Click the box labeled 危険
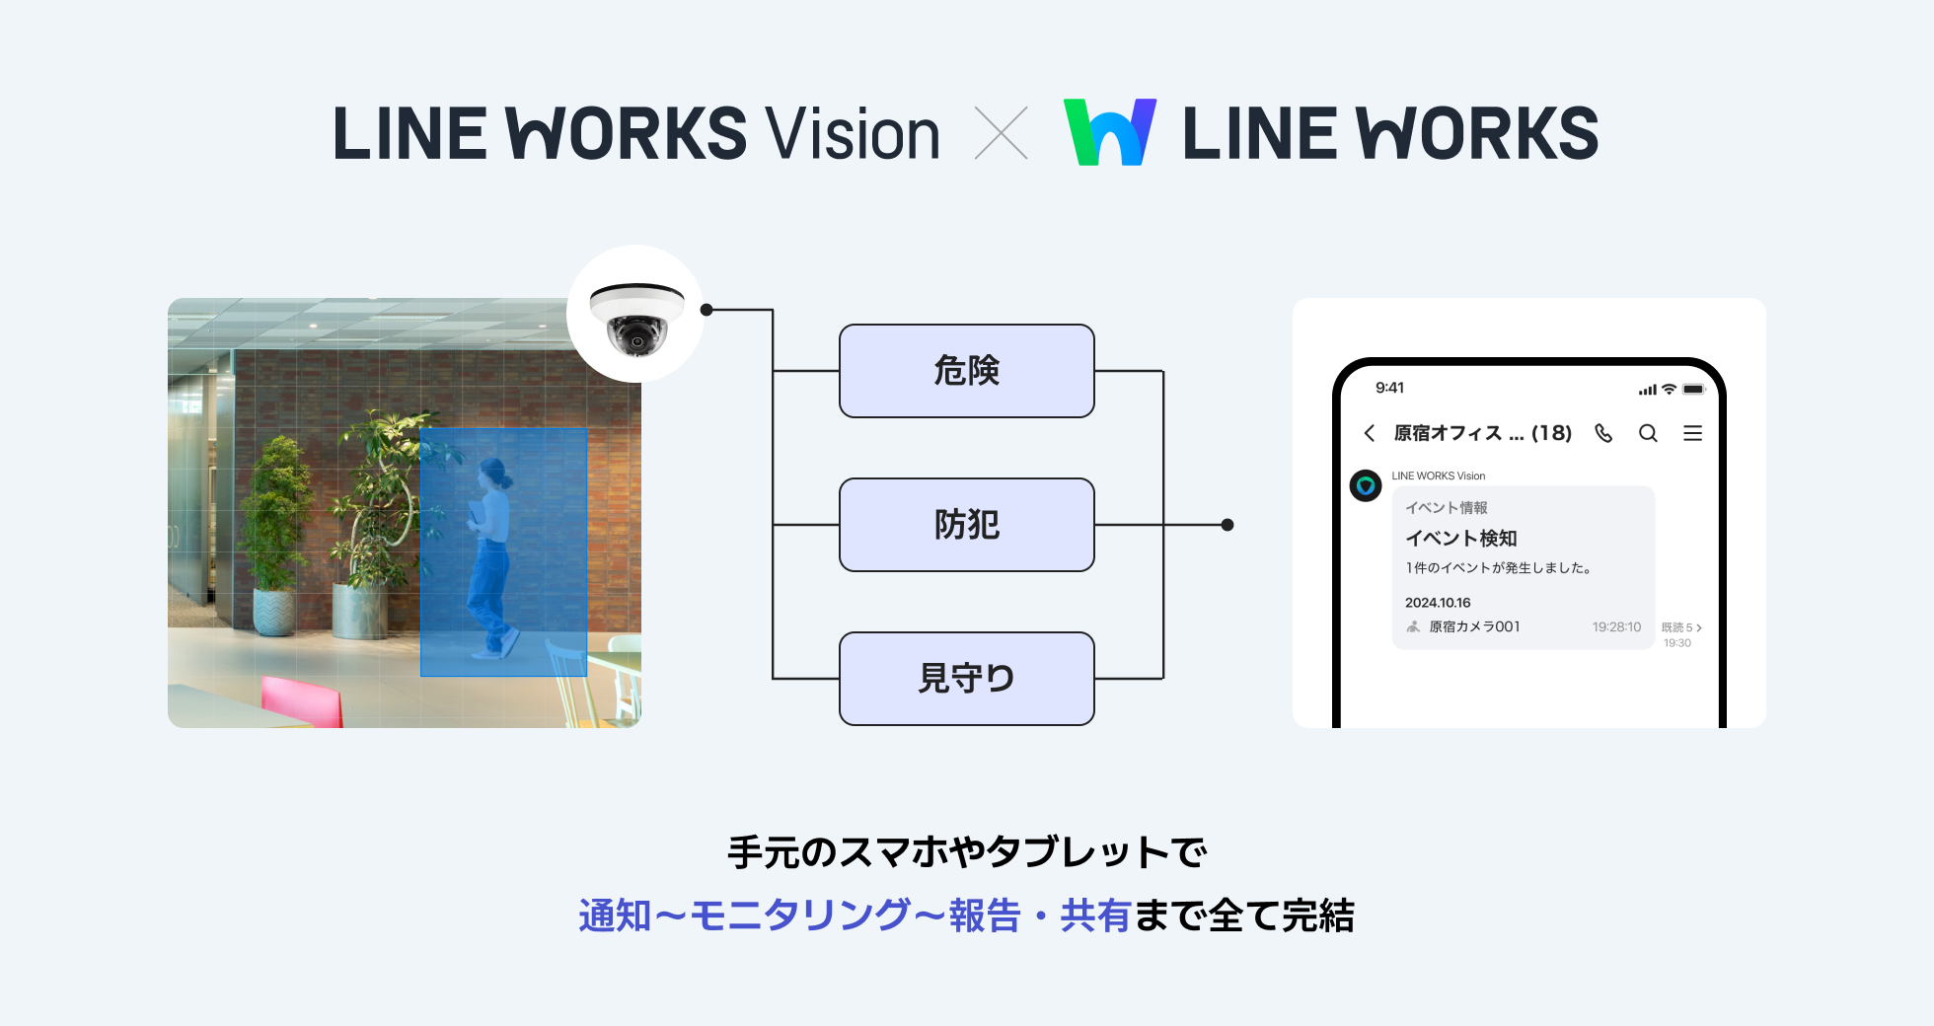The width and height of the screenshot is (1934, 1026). [966, 371]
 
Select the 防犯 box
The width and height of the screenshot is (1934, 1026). [966, 525]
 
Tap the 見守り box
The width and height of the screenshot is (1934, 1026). [966, 679]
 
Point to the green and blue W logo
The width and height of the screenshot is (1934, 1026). [1109, 132]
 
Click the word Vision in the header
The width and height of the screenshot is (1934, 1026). [853, 134]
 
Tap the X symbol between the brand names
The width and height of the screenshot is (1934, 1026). [1001, 133]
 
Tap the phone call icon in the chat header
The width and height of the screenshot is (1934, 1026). [1603, 433]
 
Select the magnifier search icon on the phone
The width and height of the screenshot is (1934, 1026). [1648, 433]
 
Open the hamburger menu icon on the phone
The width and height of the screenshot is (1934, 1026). [1692, 433]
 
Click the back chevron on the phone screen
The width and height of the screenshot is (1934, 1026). [1370, 433]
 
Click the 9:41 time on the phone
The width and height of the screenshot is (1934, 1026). [1389, 388]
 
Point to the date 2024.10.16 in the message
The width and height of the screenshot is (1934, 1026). [1438, 603]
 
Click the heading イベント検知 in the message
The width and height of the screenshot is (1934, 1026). [1460, 539]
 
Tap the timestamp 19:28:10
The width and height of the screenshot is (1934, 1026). [1616, 627]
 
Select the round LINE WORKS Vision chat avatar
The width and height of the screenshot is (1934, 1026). [1366, 485]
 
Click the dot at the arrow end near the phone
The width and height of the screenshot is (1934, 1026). [1227, 525]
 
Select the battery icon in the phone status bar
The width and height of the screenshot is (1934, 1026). [1693, 390]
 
